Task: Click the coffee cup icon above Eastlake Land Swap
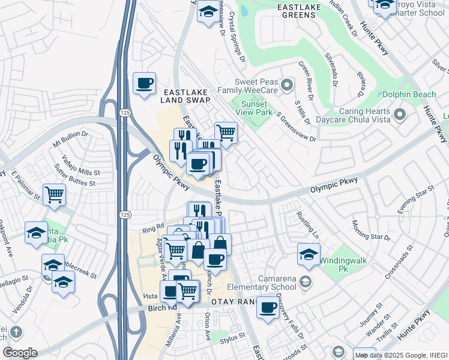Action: tap(144, 84)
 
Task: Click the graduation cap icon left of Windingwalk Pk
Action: tap(309, 254)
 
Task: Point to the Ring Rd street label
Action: tap(152, 227)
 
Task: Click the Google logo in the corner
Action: tap(20, 352)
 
